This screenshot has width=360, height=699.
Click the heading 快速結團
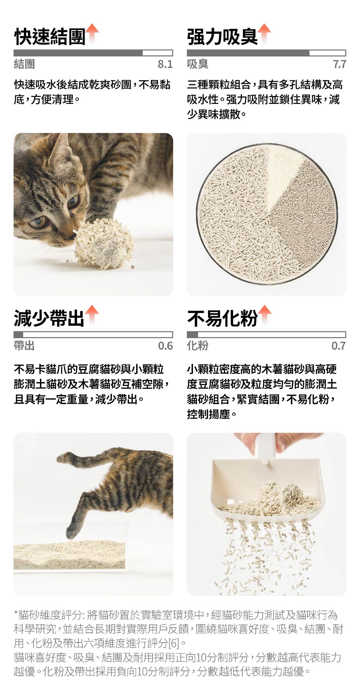click(50, 37)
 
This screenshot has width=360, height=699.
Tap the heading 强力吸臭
click(222, 37)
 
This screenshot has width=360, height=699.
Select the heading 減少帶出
click(49, 318)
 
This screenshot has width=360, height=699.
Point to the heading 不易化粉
click(222, 318)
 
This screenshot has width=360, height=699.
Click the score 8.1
click(165, 64)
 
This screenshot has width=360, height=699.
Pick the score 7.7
click(339, 64)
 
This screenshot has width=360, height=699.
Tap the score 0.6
click(165, 346)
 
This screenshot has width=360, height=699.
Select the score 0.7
click(339, 346)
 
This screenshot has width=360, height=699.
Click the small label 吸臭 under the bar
click(198, 64)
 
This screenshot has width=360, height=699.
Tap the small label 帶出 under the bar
click(24, 346)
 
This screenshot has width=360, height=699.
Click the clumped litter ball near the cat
click(103, 243)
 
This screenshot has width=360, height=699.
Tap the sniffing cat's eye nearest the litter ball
click(73, 201)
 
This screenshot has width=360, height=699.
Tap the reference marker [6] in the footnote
click(174, 643)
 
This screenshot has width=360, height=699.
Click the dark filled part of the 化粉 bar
click(193, 334)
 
